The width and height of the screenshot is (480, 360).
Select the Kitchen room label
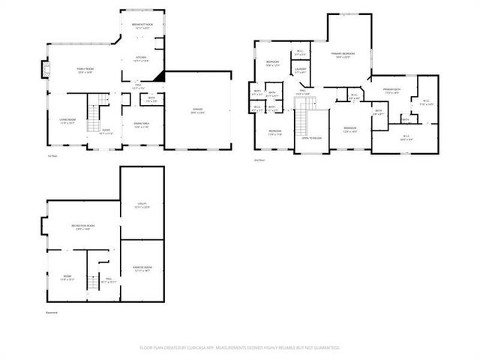click(x=141, y=58)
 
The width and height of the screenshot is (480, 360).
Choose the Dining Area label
click(x=142, y=124)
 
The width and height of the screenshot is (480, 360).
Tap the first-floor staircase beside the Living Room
click(x=94, y=115)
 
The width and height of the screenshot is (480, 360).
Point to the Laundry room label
click(x=301, y=70)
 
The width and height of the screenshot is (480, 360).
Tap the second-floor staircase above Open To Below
click(x=304, y=118)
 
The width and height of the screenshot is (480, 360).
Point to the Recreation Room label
click(x=82, y=227)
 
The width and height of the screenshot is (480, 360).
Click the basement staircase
click(x=93, y=280)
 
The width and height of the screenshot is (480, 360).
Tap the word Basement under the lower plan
click(x=51, y=313)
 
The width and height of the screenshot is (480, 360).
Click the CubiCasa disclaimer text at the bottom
click(x=240, y=348)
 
